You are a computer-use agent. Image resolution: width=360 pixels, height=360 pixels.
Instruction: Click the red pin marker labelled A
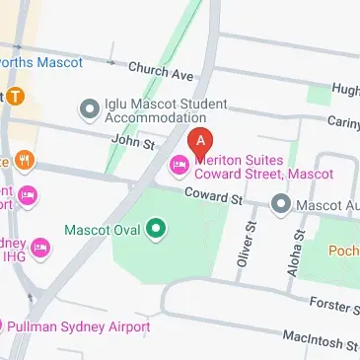click(201, 142)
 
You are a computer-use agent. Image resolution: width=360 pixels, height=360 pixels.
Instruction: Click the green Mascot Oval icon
click(156, 231)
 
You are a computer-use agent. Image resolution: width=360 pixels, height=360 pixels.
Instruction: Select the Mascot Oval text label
click(102, 231)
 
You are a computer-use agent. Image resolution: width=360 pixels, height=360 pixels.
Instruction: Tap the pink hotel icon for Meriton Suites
click(180, 164)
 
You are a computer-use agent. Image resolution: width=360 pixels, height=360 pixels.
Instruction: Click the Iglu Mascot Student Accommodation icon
click(91, 106)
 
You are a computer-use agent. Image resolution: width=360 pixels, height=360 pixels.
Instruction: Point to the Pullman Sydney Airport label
click(80, 326)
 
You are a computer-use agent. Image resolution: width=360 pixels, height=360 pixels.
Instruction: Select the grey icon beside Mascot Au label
click(281, 204)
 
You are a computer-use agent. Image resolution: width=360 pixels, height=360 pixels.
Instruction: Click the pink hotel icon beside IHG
click(41, 245)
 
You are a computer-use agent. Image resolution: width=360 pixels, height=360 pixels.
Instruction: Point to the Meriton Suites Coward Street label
click(263, 165)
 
